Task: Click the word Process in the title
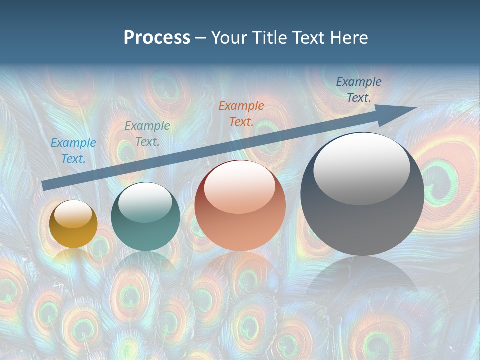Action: click(157, 38)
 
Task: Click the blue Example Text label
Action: click(73, 151)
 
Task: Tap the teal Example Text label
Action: click(147, 134)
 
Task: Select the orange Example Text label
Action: click(241, 113)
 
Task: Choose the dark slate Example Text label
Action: click(359, 90)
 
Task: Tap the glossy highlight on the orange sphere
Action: click(240, 187)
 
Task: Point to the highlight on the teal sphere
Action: click(145, 202)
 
